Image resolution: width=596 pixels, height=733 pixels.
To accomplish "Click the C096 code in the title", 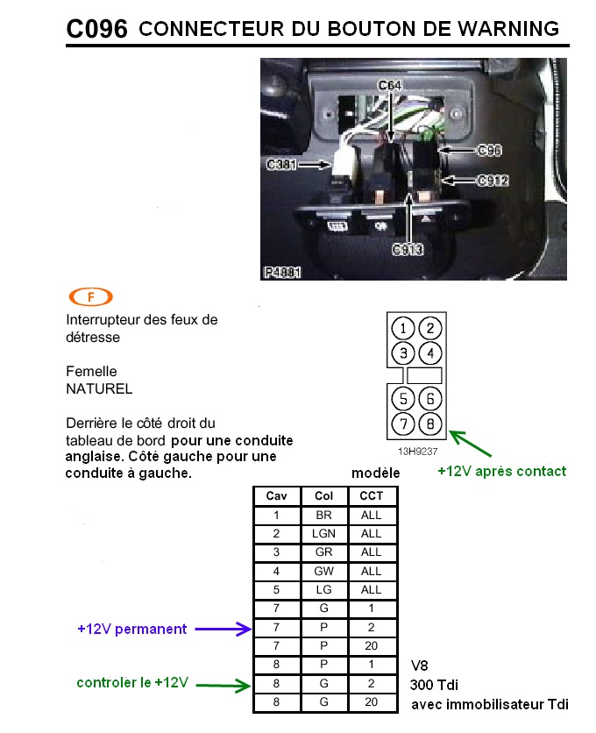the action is pos(96,29).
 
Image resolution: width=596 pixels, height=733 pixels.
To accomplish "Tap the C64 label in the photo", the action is pos(389,86).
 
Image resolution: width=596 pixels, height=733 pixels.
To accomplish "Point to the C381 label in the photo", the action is pos(281,165).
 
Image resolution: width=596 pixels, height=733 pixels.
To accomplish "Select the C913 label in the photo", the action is pos(408,250).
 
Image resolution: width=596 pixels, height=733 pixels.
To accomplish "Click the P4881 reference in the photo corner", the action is pos(282,272).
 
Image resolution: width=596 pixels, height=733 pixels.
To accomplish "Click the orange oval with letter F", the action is pos(90,296).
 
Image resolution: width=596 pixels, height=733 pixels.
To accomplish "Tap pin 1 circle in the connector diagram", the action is pos(403,328).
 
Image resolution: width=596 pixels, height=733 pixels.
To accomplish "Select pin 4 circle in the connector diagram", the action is pos(430,353).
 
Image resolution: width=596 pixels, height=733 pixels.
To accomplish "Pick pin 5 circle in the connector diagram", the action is pos(403,399).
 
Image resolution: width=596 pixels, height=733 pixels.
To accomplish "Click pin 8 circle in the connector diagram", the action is pos(430,423).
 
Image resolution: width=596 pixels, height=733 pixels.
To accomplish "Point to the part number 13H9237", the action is pos(417,452).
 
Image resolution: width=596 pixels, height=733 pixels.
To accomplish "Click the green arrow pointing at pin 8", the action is pos(471,443).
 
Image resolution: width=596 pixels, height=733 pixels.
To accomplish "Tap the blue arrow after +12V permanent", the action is pos(223,629).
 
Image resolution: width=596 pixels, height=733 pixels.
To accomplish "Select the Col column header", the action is pos(324,496).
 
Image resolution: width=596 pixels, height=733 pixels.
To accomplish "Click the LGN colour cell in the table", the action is pos(324,533).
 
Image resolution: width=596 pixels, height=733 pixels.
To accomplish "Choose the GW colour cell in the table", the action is pos(324,571).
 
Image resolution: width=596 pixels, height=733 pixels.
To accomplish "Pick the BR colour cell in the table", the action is pos(324,515).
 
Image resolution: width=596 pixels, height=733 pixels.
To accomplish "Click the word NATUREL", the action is pos(99,388).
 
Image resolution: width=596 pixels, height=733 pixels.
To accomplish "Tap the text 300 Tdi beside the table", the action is pos(434,685).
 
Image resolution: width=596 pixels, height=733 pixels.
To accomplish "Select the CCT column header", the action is pos(372,496).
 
